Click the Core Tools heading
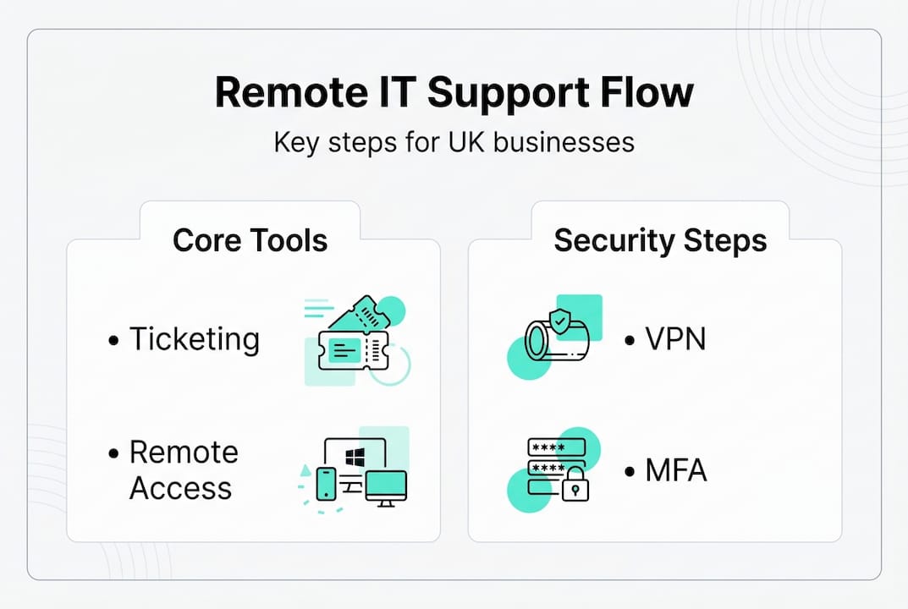click(250, 240)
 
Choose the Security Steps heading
click(660, 240)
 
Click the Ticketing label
click(194, 339)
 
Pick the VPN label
click(675, 339)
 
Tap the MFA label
click(675, 470)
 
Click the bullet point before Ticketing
click(114, 341)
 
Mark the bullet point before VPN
click(630, 341)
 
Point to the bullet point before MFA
click(630, 472)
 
